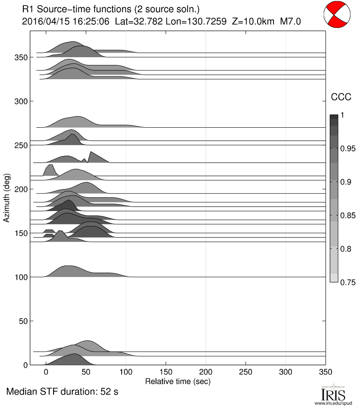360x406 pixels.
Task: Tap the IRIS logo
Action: click(333, 393)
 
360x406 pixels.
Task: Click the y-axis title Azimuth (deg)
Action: click(7, 198)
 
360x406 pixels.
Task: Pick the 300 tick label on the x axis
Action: click(285, 372)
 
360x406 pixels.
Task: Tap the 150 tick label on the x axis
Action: click(166, 372)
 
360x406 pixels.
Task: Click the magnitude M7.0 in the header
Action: click(291, 21)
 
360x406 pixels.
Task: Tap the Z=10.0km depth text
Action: click(248, 21)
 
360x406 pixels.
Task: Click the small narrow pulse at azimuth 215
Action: click(49, 170)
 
